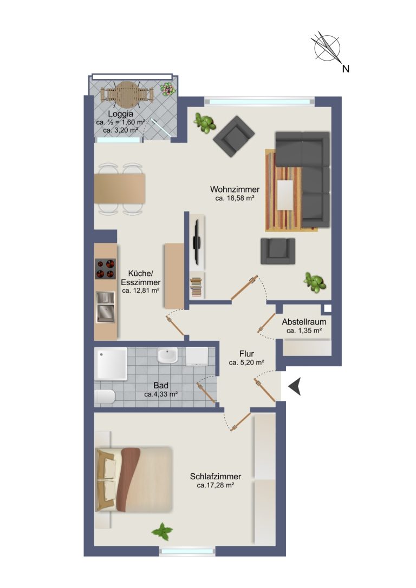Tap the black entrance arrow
(295, 386)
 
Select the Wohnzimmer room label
(235, 189)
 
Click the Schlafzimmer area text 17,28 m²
(216, 485)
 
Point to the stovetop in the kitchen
(105, 269)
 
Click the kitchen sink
(106, 307)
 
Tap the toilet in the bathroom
(105, 397)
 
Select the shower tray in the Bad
(110, 364)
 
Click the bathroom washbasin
(167, 355)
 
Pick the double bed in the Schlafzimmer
(134, 479)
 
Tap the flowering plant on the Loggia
(167, 89)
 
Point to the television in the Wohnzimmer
(196, 242)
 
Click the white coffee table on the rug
(285, 195)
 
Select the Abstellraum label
(304, 322)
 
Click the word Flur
(246, 354)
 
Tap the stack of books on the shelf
(196, 287)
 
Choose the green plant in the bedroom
(162, 531)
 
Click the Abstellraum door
(267, 323)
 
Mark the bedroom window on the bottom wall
(187, 551)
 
